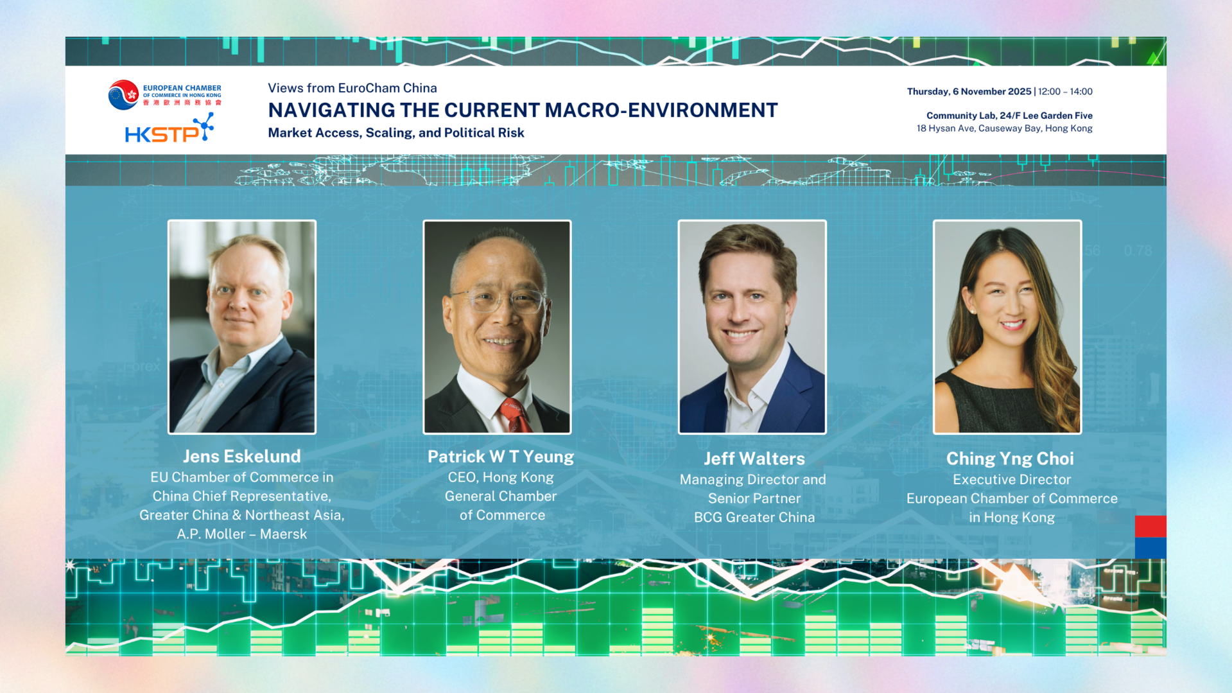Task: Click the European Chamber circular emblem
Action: point(123,94)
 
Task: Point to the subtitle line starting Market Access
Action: point(396,133)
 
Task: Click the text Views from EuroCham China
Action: point(352,88)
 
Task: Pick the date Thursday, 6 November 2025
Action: point(969,91)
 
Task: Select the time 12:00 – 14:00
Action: point(1065,91)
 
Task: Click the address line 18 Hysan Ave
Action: point(1004,128)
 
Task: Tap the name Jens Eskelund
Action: point(242,457)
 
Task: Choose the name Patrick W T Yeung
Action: point(501,457)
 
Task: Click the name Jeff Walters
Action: point(754,459)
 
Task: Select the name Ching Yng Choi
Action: point(1010,459)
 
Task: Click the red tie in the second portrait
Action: point(516,416)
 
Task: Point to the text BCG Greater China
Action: point(754,518)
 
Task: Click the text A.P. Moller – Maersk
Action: point(242,534)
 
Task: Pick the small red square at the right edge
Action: point(1150,526)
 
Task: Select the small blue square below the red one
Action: point(1150,548)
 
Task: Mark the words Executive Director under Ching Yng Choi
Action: point(1012,480)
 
